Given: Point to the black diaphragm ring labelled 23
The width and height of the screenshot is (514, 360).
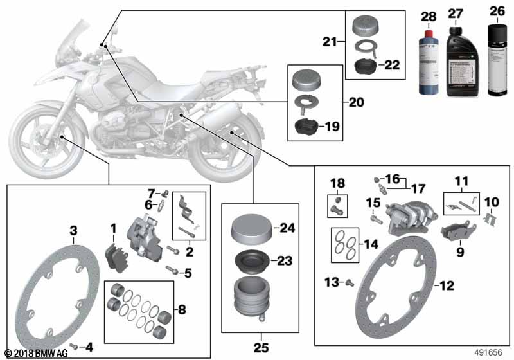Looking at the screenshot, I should tap(250, 262).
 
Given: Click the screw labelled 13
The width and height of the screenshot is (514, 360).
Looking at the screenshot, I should tap(349, 281).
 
